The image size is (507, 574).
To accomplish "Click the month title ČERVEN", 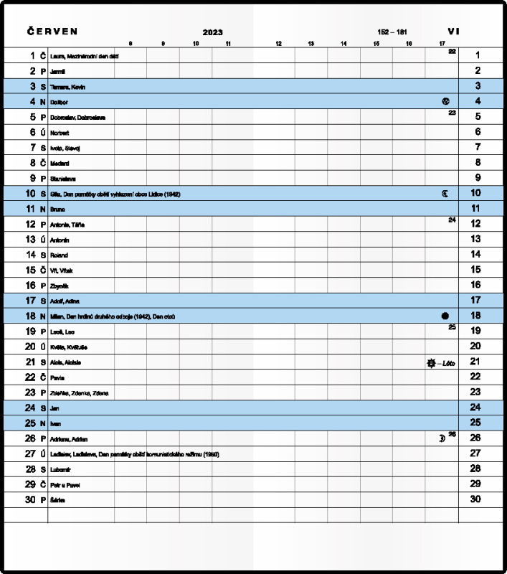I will [52, 32].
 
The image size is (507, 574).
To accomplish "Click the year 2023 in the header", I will [212, 32].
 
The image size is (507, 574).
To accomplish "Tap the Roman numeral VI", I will [453, 32].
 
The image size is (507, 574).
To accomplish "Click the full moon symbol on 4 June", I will [445, 101].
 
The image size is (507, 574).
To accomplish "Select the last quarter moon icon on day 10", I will [445, 193].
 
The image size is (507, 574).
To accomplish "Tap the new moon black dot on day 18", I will [445, 315].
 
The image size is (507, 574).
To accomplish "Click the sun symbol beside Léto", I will [430, 363].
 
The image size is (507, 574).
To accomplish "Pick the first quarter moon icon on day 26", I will [442, 438].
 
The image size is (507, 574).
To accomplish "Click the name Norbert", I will [60, 133].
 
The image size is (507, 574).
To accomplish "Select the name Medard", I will [60, 164].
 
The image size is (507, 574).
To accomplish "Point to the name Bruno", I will [57, 210].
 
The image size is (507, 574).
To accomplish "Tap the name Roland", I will [59, 255].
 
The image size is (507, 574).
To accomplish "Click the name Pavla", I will [57, 377].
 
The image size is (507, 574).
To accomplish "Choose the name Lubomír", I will [60, 469].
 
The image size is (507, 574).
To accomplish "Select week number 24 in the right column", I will [452, 220].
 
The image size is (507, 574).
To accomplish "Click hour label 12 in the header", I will [278, 44].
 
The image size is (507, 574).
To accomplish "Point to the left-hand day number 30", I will [30, 499].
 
